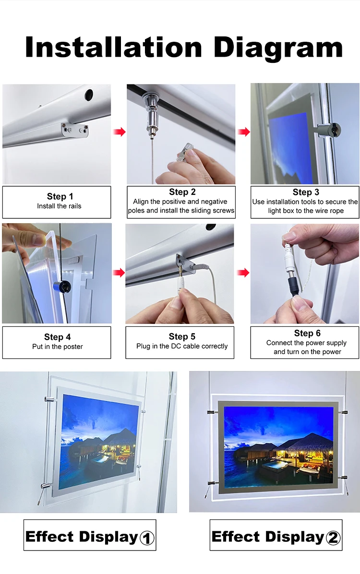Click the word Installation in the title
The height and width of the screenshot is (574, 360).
(114, 48)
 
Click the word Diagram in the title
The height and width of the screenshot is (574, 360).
(278, 48)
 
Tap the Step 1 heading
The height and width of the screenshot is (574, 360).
(60, 196)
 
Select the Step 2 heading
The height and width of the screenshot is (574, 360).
(181, 192)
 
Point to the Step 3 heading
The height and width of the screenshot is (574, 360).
(305, 192)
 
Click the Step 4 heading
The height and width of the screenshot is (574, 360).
(57, 337)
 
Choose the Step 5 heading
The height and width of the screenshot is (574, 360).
(181, 336)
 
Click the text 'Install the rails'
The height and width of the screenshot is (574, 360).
(59, 206)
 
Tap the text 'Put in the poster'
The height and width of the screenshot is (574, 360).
(57, 347)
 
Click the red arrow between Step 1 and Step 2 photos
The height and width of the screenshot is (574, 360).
(119, 132)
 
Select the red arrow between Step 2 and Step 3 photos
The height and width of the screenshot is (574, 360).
(243, 132)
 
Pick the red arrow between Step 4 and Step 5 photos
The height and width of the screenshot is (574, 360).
(119, 273)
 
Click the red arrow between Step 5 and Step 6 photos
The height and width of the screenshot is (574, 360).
(243, 273)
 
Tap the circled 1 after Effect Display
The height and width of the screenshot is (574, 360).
(147, 538)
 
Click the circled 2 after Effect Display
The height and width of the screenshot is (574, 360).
(333, 538)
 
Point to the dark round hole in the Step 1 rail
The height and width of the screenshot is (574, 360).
(89, 95)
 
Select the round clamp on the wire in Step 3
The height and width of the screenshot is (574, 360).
(330, 129)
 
